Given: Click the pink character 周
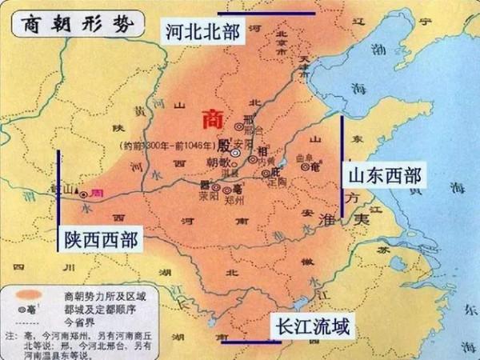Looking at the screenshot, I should pos(98,193).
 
